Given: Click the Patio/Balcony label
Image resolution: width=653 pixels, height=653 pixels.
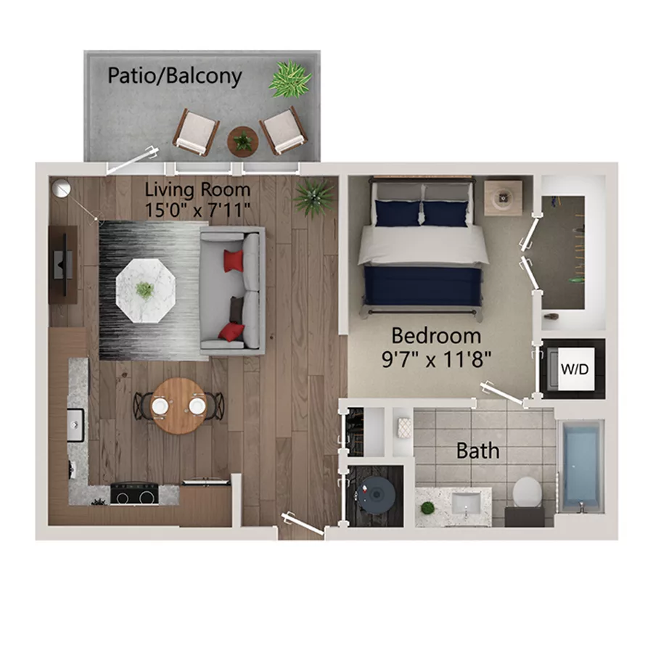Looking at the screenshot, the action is coord(174,75).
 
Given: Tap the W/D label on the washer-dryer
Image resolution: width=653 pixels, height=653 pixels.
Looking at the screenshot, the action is coord(575,369).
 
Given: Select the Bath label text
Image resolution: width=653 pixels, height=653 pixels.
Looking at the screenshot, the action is coord(477,451).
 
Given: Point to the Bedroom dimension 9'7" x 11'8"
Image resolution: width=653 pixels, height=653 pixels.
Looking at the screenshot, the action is coord(437,358).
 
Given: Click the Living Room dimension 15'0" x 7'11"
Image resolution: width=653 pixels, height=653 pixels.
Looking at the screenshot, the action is coord(197,210).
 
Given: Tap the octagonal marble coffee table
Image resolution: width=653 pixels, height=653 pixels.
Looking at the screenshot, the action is coord(146,290).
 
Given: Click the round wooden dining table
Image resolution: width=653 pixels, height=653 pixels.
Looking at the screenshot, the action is coord(178,406).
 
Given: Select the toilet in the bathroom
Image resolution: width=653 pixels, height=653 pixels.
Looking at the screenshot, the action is coord(527,492).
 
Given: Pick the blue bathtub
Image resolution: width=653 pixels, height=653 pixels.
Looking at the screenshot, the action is coord(580,466).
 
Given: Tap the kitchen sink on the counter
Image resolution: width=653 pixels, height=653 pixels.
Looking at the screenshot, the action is coord(75,424).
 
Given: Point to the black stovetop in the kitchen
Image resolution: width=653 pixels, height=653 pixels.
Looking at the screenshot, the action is coord(134,493).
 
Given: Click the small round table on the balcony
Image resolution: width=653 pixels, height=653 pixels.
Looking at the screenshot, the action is coord(243,141).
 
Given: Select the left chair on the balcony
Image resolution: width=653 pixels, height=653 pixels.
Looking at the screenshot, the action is coord(196,131).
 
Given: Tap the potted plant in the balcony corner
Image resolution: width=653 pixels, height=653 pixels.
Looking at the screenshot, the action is coord(289,79).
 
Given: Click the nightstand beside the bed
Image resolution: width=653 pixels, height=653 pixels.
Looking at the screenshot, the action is coord(503,198).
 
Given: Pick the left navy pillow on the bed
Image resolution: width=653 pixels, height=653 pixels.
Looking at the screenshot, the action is coord(398,213).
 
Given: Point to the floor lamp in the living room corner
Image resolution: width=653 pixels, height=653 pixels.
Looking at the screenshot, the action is coord(62,188).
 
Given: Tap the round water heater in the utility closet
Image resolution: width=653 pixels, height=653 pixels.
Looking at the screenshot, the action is coord(376,495).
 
